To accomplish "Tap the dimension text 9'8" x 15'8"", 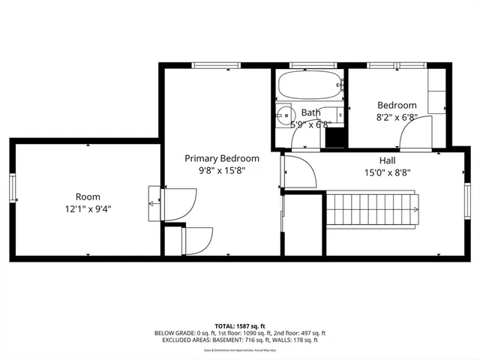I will (222, 170).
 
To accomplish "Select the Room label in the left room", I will (88, 196).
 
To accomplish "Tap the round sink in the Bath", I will (283, 116).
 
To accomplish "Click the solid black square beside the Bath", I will (336, 138).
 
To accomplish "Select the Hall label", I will (387, 160).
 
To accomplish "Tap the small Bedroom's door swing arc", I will (413, 133).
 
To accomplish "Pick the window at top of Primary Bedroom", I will (214, 66).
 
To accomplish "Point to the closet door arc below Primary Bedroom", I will (199, 239).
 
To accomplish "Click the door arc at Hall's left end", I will (298, 173).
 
